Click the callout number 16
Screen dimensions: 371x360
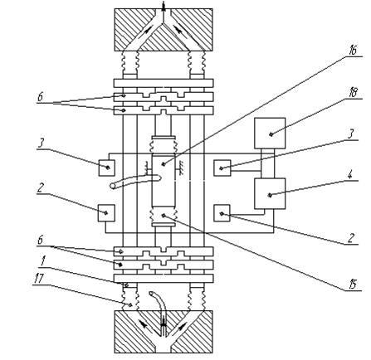pyautogui.click(x=352, y=51)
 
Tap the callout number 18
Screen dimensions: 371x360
pyautogui.click(x=352, y=93)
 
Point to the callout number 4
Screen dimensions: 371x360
pyautogui.click(x=350, y=176)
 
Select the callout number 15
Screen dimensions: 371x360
pyautogui.click(x=352, y=285)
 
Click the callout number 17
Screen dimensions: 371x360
pyautogui.click(x=39, y=279)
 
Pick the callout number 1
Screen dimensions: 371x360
pyautogui.click(x=42, y=262)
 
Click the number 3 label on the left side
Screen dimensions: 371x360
pyautogui.click(x=40, y=144)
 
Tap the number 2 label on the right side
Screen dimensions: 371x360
pyautogui.click(x=351, y=238)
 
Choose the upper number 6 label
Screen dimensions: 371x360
pyautogui.click(x=41, y=97)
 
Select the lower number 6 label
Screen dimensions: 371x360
pyautogui.click(x=41, y=240)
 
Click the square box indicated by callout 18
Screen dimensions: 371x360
pyautogui.click(x=270, y=134)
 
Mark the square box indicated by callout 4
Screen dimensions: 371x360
pyautogui.click(x=270, y=193)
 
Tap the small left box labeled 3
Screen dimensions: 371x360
pyautogui.click(x=107, y=168)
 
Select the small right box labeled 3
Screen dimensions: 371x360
pyautogui.click(x=222, y=168)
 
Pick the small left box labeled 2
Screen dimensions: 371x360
pyautogui.click(x=107, y=213)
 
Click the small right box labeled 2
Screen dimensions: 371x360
pyautogui.click(x=222, y=213)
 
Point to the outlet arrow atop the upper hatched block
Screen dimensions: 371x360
pyautogui.click(x=164, y=7)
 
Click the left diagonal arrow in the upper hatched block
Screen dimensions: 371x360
pyautogui.click(x=148, y=30)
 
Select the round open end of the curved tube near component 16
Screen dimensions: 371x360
pyautogui.click(x=113, y=187)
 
